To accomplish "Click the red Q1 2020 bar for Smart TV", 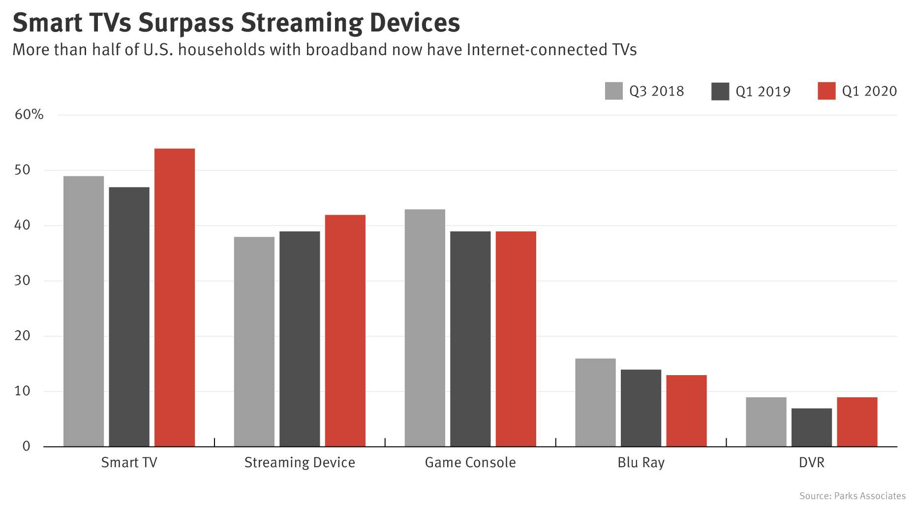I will pyautogui.click(x=175, y=297).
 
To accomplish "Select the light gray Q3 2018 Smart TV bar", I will pyautogui.click(x=84, y=311).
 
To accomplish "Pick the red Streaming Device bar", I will pyautogui.click(x=345, y=331).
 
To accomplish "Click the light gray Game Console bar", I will pyautogui.click(x=425, y=328).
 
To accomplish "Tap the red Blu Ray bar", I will pyautogui.click(x=687, y=411).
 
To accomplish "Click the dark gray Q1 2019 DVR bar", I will pyautogui.click(x=812, y=427).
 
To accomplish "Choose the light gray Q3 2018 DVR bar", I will pyautogui.click(x=766, y=422).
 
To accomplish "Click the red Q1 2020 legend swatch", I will pyautogui.click(x=826, y=91).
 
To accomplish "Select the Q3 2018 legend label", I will pyautogui.click(x=657, y=92).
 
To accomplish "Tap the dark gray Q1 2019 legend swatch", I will pyautogui.click(x=720, y=92).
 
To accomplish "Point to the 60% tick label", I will pyautogui.click(x=30, y=115).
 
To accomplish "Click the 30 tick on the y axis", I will pyautogui.click(x=23, y=281).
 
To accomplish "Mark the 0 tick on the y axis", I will pyautogui.click(x=27, y=447).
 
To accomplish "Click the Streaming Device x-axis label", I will pyautogui.click(x=300, y=463).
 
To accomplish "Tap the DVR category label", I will pyautogui.click(x=812, y=463).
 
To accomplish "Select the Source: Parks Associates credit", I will pyautogui.click(x=852, y=496).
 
